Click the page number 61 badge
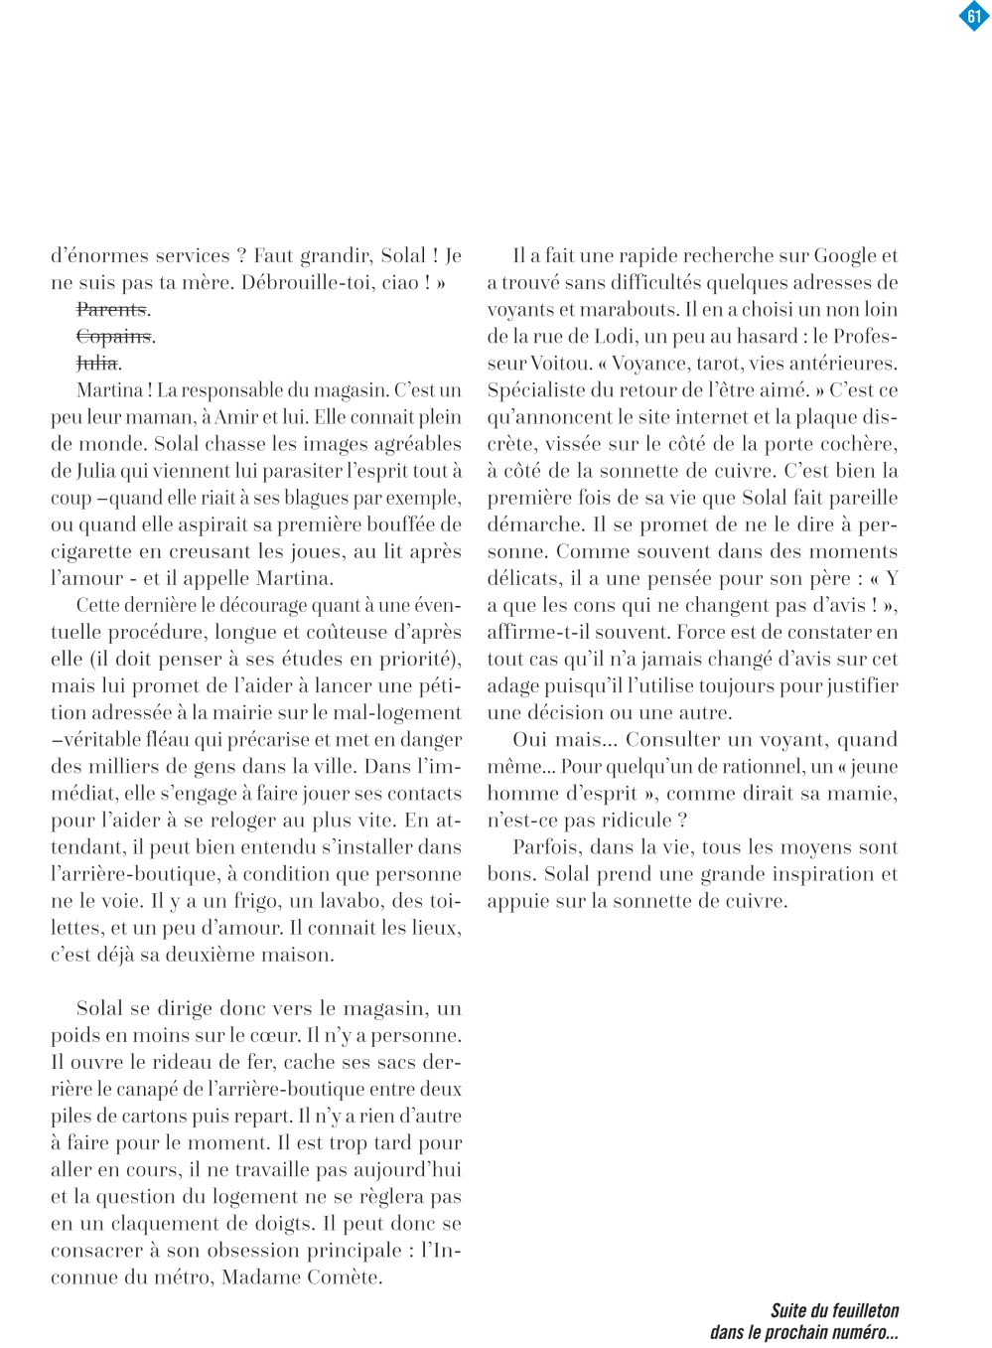tap(974, 17)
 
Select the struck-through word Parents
tap(111, 309)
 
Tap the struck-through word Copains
tap(113, 336)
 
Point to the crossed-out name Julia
tap(97, 363)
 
